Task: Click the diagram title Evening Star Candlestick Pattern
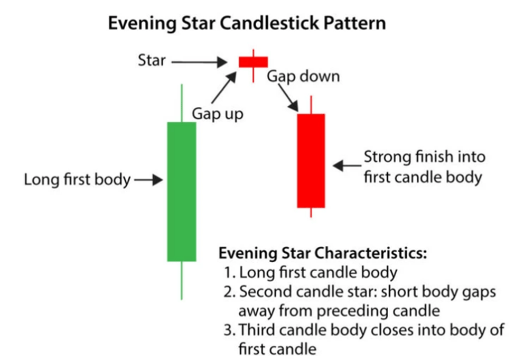[x=247, y=24]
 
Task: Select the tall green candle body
[x=181, y=191]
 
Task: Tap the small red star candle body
[x=253, y=61]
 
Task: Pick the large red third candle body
[x=311, y=160]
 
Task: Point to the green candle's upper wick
[x=181, y=103]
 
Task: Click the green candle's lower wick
[x=181, y=280]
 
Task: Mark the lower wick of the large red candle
[x=311, y=213]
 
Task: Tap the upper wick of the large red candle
[x=311, y=105]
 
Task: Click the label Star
[x=152, y=60]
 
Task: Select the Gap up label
[x=217, y=114]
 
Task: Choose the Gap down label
[x=303, y=76]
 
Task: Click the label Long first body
[x=77, y=180]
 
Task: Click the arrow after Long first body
[x=148, y=180]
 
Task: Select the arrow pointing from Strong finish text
[x=346, y=165]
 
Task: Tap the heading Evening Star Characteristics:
[x=322, y=253]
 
